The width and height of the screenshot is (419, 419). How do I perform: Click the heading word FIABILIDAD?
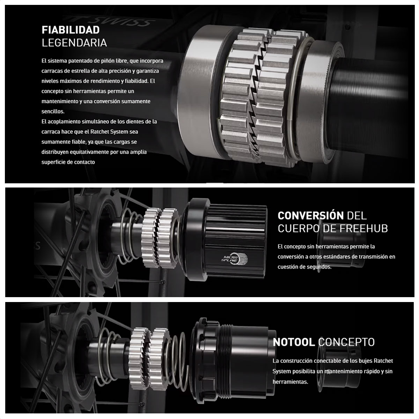pos(71,30)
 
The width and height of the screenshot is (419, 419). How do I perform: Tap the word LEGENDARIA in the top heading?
pos(74,43)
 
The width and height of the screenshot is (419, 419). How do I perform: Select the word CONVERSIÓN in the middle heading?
pos(310,216)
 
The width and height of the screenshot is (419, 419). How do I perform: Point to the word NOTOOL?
pos(294,342)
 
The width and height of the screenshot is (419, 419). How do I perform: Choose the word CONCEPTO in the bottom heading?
pos(346,342)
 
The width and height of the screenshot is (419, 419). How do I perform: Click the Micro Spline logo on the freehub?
pos(234,259)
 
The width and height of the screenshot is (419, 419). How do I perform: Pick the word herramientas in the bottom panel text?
pos(290,382)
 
